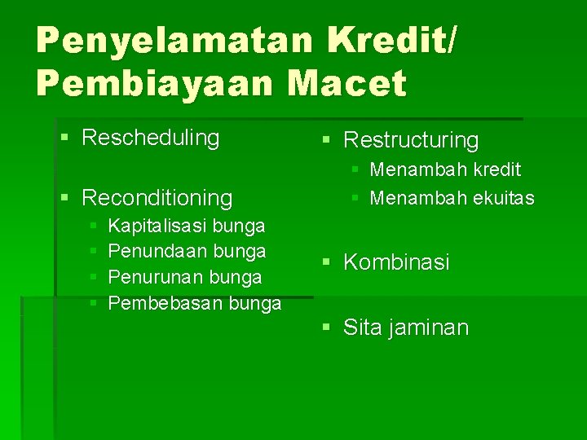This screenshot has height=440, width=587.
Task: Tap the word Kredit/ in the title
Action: pos(391,39)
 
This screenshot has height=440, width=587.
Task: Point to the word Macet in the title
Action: pos(347,82)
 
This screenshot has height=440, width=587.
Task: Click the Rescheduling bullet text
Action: pos(151,138)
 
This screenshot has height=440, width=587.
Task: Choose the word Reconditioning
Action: pos(157,197)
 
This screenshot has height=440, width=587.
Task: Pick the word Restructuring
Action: pos(411,140)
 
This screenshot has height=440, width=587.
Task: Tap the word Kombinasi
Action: pos(396,262)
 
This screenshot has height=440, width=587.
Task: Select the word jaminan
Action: pos(428,328)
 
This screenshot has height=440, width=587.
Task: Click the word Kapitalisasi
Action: pos(157,226)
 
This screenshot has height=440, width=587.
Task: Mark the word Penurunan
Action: pos(156,277)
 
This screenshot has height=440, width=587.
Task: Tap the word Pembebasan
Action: pos(165,302)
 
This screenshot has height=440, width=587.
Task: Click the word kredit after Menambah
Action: pos(497,169)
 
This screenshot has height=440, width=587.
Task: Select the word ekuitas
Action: pos(504,197)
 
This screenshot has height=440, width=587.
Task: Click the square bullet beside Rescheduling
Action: pos(64,138)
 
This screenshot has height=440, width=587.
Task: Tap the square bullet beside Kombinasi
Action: pos(326,262)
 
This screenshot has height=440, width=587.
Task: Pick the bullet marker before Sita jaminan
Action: pos(326,328)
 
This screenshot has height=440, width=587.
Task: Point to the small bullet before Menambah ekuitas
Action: pos(355,198)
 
